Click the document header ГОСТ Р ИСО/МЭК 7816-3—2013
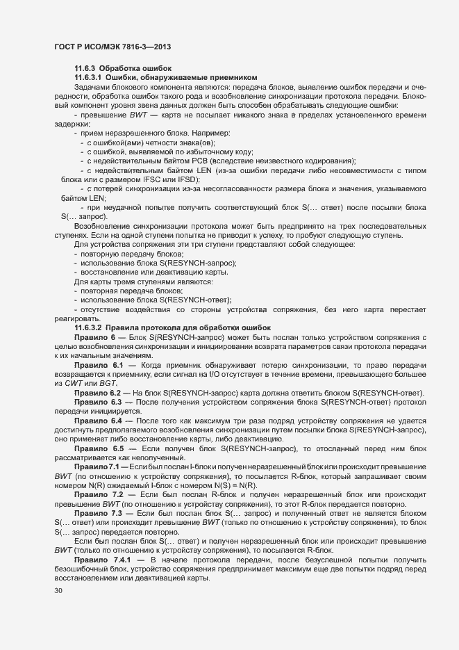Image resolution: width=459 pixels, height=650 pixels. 112,47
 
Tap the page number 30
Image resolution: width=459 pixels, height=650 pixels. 58,591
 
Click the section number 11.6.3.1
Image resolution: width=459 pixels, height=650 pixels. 90,77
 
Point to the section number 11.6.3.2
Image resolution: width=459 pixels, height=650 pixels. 90,327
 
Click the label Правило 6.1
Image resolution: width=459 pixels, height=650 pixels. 99,365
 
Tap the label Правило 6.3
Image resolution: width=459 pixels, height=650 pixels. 98,403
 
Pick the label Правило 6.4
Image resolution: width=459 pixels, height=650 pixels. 98,421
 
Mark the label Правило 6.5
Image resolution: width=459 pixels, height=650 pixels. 99,449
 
